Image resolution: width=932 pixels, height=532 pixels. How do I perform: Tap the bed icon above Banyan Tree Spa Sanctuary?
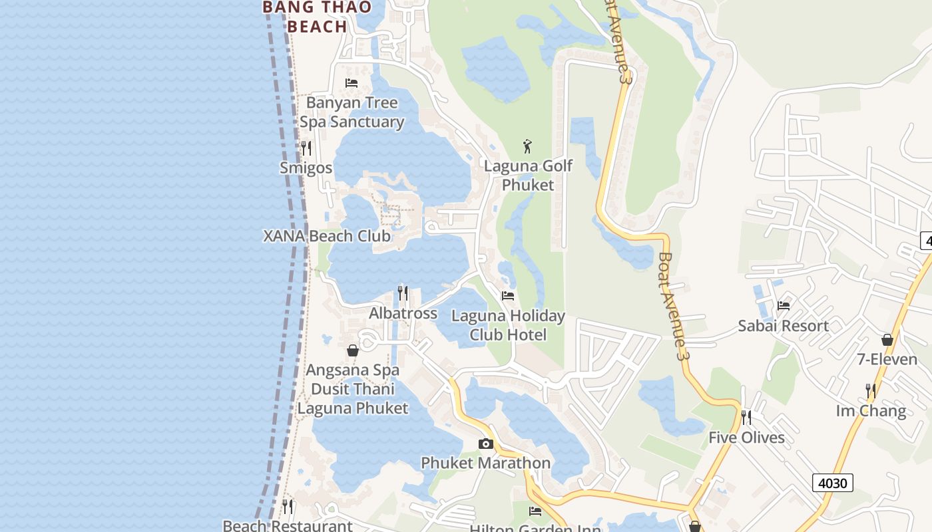pyautogui.click(x=351, y=83)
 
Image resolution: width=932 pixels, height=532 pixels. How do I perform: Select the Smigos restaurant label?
pyautogui.click(x=306, y=168)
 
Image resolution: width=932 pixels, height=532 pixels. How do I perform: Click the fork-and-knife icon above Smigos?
pyautogui.click(x=306, y=148)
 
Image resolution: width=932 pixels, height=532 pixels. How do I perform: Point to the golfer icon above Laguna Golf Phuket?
pyautogui.click(x=527, y=146)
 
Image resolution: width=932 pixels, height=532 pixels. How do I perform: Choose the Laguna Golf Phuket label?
pyautogui.click(x=528, y=175)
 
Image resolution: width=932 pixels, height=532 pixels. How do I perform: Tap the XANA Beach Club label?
pyautogui.click(x=327, y=236)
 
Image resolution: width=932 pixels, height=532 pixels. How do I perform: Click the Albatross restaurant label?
pyautogui.click(x=403, y=313)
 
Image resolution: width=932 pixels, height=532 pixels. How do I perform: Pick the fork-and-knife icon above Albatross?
pyautogui.click(x=403, y=293)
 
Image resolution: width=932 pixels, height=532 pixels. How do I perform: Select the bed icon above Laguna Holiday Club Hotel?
pyautogui.click(x=508, y=296)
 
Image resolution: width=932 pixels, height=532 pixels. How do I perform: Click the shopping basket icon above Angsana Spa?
pyautogui.click(x=353, y=350)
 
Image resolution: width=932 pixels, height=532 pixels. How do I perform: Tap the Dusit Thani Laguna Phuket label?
pyautogui.click(x=353, y=398)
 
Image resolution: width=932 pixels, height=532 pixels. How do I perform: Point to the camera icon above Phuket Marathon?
pyautogui.click(x=486, y=444)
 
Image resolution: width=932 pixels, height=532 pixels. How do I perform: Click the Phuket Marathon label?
pyautogui.click(x=486, y=463)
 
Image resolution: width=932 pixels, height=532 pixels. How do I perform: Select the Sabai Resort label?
pyautogui.click(x=783, y=326)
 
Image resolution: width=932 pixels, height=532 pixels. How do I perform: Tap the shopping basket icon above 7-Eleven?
pyautogui.click(x=887, y=340)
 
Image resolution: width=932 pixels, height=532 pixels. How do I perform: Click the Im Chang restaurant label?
pyautogui.click(x=871, y=411)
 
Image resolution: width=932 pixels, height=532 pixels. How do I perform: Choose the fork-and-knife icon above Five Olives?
pyautogui.click(x=746, y=418)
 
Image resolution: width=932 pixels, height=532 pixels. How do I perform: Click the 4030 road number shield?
pyautogui.click(x=832, y=483)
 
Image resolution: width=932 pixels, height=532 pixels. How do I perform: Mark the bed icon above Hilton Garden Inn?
pyautogui.click(x=535, y=511)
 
